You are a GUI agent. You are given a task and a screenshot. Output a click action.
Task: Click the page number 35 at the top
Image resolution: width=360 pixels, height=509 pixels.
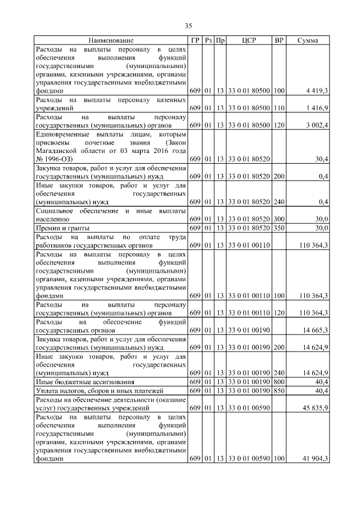[x=189, y=25]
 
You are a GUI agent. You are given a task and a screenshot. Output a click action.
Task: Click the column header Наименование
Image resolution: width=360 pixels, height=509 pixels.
[x=111, y=40]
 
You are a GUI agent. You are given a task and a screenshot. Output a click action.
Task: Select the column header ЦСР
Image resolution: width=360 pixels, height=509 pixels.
[x=249, y=40]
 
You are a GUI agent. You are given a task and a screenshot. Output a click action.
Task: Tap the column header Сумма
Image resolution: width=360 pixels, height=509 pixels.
[x=308, y=40]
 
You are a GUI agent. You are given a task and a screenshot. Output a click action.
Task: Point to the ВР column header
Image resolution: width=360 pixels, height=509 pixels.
[x=279, y=40]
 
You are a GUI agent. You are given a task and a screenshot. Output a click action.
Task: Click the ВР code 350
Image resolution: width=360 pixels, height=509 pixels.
[x=279, y=228]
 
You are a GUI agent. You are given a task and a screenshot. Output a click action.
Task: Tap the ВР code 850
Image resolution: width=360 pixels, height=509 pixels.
[x=279, y=390]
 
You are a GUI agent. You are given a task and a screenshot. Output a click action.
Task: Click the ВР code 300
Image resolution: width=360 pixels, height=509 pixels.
[x=279, y=219]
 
